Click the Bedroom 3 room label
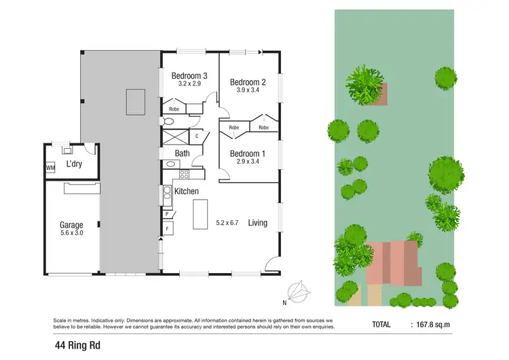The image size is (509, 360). tap(189, 75)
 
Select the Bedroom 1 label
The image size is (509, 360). tap(247, 154)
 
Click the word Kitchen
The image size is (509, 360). tap(186, 192)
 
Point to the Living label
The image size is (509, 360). tap(257, 222)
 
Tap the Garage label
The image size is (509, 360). tap(71, 225)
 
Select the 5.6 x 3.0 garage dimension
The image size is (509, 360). tap(71, 234)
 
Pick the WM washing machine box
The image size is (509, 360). tap(50, 167)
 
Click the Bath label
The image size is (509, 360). tap(182, 154)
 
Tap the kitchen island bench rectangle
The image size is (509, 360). tap(200, 215)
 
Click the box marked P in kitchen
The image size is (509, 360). tap(167, 214)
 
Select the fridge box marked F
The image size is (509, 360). tap(167, 229)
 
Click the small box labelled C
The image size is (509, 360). tap(197, 136)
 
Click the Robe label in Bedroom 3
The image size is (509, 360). tap(174, 108)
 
